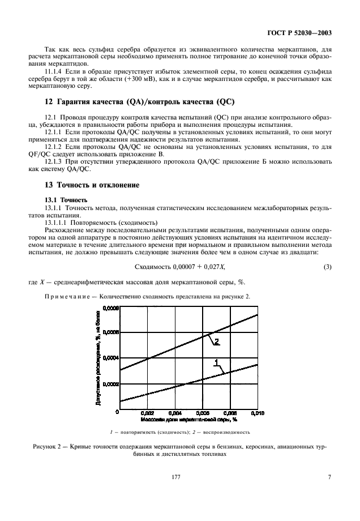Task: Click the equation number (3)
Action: pyautogui.click(x=327, y=266)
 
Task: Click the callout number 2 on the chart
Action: pyautogui.click(x=216, y=341)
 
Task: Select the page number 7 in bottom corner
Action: pyautogui.click(x=329, y=492)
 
